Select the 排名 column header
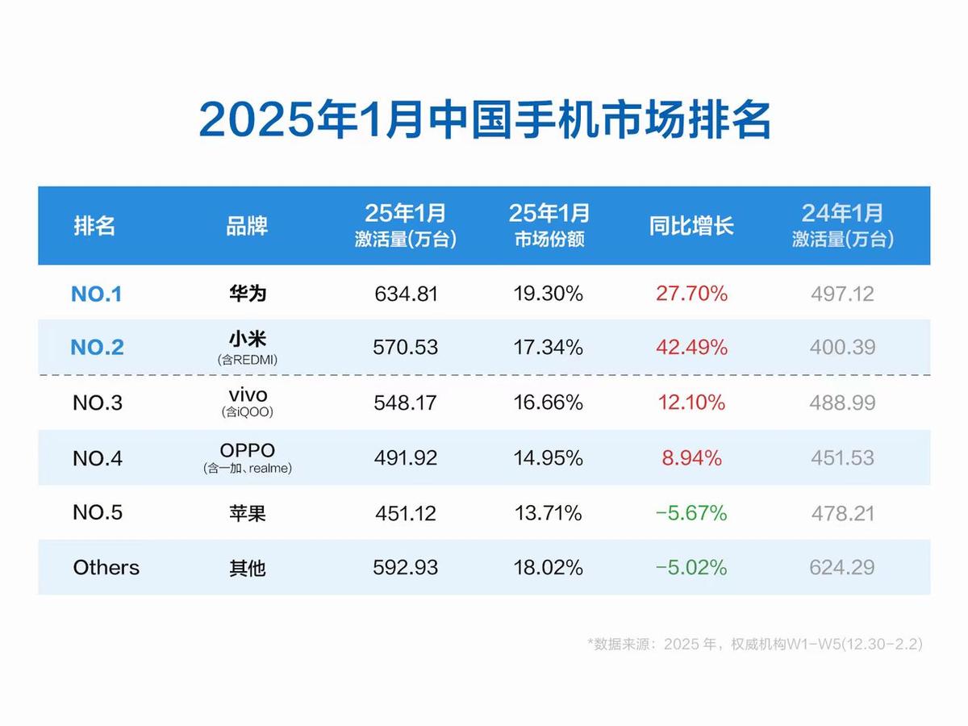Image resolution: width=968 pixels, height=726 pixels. click(x=95, y=226)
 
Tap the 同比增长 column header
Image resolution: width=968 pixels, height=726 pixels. click(x=691, y=226)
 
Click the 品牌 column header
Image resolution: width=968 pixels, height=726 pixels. click(x=247, y=226)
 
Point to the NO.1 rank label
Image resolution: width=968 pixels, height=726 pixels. click(x=97, y=294)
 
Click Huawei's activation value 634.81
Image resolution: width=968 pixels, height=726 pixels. click(x=406, y=294)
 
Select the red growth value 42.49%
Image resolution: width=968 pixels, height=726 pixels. click(x=691, y=348)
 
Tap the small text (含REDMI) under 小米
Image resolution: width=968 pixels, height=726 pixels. click(x=247, y=361)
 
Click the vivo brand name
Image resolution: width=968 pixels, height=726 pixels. click(x=247, y=395)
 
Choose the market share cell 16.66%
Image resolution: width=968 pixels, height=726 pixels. click(x=549, y=403)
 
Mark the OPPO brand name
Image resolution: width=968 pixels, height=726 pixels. click(x=247, y=450)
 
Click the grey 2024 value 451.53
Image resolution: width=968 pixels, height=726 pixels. click(x=842, y=457)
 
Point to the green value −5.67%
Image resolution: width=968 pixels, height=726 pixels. click(x=691, y=513)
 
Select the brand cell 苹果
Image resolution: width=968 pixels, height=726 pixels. click(x=247, y=513)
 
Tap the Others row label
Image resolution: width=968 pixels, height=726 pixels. click(x=106, y=568)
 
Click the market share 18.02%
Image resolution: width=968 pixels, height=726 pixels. click(x=549, y=568)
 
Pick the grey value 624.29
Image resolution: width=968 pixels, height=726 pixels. click(x=842, y=568)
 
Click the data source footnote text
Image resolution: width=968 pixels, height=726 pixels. click(x=755, y=644)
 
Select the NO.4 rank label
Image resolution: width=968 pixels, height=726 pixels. click(x=98, y=458)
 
